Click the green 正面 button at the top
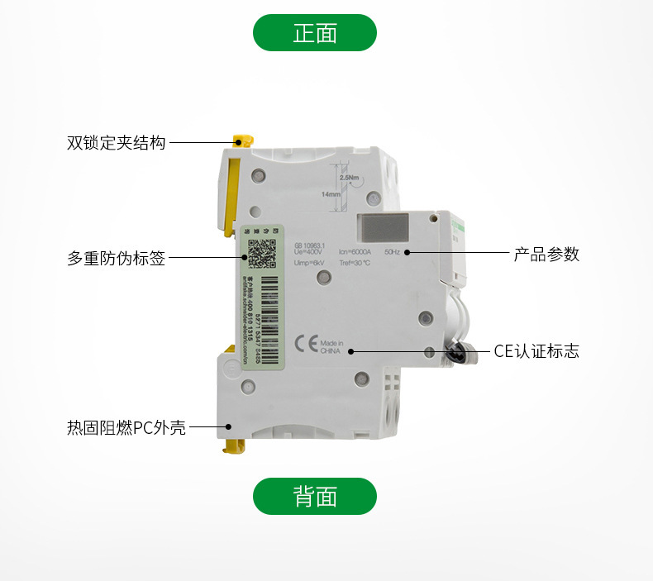click(x=314, y=33)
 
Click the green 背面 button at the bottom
click(x=314, y=496)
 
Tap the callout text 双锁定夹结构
click(x=117, y=143)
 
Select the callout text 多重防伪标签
click(x=117, y=259)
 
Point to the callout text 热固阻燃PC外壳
click(x=126, y=428)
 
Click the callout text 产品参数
click(x=546, y=255)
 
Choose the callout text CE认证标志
click(x=536, y=351)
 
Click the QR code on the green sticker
click(x=261, y=252)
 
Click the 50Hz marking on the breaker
click(x=393, y=250)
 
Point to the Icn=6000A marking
click(x=356, y=250)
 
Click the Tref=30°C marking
click(x=355, y=263)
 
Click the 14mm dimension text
click(x=331, y=194)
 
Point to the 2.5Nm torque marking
click(x=349, y=177)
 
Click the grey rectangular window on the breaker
click(x=385, y=227)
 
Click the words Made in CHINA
click(x=331, y=345)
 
